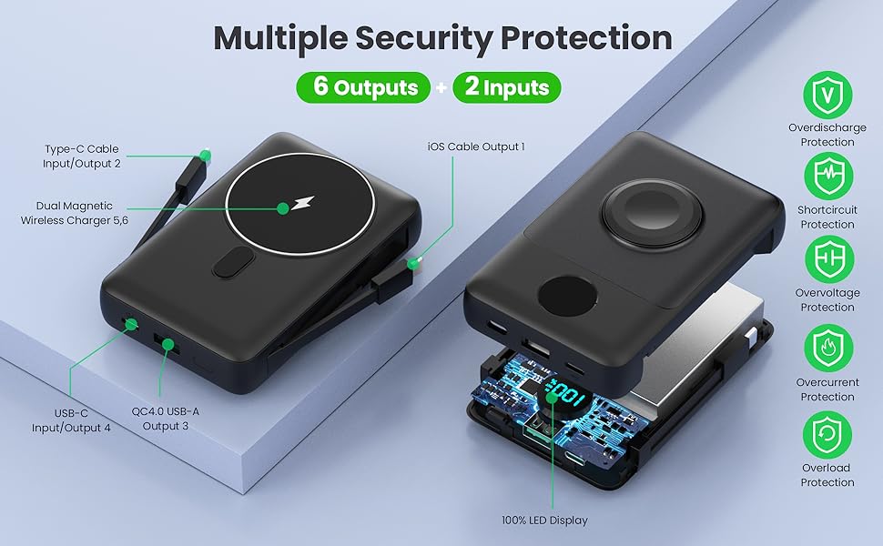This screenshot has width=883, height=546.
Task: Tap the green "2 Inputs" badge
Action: click(507, 87)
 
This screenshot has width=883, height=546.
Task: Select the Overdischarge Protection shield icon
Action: click(827, 96)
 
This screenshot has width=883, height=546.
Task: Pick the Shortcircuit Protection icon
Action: click(827, 177)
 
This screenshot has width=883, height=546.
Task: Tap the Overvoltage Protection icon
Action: click(827, 259)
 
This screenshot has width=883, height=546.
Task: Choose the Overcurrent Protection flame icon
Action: click(827, 348)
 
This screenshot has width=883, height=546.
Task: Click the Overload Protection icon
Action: click(827, 433)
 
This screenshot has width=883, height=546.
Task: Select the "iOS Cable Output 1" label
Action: click(476, 147)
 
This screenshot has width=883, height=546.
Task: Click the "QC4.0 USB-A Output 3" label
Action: click(165, 419)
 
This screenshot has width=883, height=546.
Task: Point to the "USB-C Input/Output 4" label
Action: click(71, 420)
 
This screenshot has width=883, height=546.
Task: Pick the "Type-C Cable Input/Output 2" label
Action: click(82, 156)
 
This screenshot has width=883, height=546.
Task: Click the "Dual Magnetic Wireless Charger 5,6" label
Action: click(75, 213)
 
